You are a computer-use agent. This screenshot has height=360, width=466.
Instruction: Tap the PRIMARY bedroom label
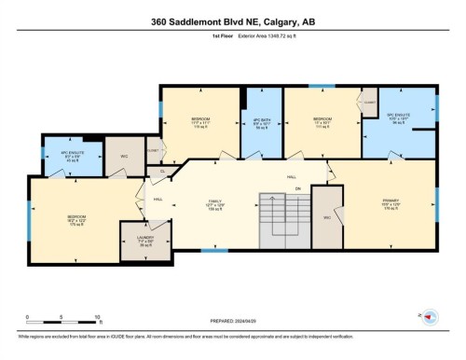point(390,203)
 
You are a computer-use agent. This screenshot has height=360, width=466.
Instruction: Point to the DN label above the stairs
point(298,188)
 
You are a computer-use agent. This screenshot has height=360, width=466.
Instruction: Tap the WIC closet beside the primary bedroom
point(327,217)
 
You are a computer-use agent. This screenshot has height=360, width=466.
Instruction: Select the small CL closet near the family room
point(161,172)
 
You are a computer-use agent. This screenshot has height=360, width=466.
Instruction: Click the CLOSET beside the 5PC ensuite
point(370,101)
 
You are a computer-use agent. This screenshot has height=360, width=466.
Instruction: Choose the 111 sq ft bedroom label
point(322,122)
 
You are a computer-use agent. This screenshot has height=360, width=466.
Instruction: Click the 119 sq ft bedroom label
point(199,122)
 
